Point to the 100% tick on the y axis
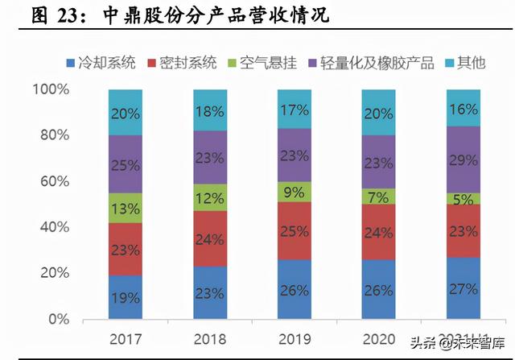click(52, 89)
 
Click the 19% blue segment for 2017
click(126, 297)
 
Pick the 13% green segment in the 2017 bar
click(126, 208)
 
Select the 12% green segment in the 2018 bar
click(209, 197)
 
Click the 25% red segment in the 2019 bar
click(294, 231)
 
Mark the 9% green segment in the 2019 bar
click(294, 192)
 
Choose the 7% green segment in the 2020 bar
click(378, 196)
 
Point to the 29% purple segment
click(463, 159)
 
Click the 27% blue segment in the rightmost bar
click(463, 288)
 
